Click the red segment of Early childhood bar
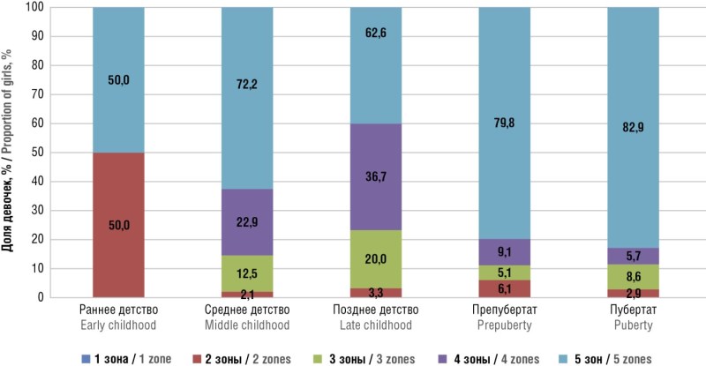[118, 225]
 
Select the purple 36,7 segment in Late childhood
[376, 176]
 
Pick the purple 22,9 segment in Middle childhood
[247, 221]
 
